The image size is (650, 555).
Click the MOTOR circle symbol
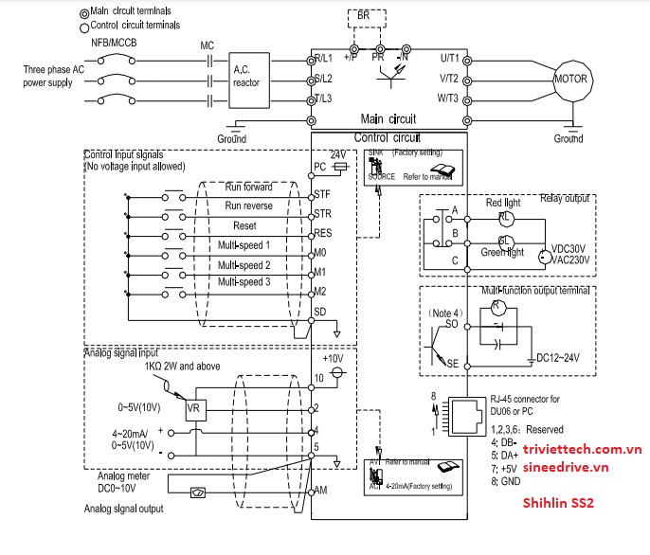click(571, 78)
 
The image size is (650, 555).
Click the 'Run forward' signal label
click(248, 188)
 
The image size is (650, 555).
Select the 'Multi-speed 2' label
click(244, 265)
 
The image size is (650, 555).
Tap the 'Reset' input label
click(244, 226)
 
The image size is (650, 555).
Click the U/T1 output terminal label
click(449, 59)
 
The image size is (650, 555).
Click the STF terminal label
click(321, 194)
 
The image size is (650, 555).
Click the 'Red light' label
click(504, 203)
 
